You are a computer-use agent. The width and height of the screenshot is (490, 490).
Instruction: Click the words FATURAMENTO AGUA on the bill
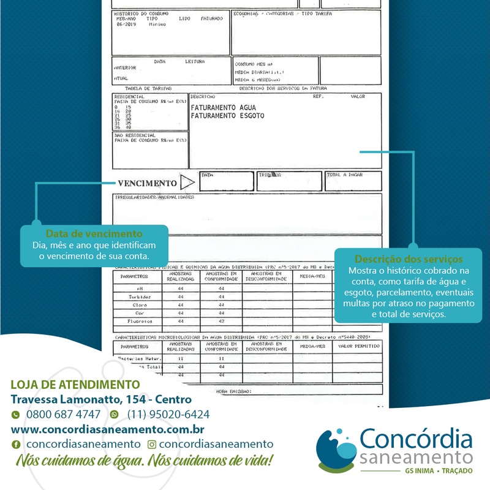(x=220, y=107)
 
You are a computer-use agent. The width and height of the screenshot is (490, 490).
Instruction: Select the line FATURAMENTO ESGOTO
(x=227, y=115)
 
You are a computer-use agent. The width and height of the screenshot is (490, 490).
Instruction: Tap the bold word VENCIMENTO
(x=147, y=183)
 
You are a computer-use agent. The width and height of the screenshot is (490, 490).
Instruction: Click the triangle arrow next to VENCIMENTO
(x=187, y=183)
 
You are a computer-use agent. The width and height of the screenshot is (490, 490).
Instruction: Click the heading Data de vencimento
(x=94, y=234)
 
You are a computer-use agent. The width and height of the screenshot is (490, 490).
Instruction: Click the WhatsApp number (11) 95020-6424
(x=168, y=414)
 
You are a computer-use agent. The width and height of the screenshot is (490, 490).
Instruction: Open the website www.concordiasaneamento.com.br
(x=107, y=429)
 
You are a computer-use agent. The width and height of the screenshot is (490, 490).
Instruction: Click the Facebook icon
(x=16, y=444)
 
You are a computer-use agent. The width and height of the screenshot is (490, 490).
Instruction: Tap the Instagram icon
(x=152, y=444)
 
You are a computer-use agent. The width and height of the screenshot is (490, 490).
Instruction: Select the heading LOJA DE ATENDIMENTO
(x=75, y=385)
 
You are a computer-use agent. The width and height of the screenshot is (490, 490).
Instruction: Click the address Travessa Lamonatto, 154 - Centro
(x=101, y=399)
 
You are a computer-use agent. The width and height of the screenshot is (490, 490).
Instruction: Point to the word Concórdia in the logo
(x=416, y=440)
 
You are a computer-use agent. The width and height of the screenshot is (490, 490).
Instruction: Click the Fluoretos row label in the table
(x=140, y=321)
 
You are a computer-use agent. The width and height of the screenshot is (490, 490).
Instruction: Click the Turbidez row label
(x=140, y=296)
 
